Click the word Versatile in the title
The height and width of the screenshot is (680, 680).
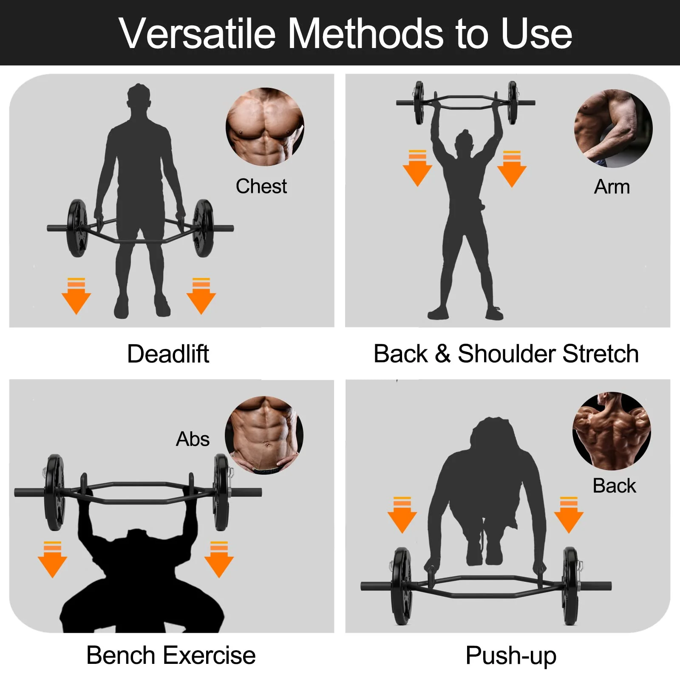(197, 34)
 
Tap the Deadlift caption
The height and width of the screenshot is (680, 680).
(168, 354)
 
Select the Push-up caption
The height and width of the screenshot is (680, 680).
(510, 655)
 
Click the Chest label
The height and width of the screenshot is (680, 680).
(261, 186)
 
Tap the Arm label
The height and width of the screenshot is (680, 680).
(612, 187)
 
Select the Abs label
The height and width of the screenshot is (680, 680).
(193, 439)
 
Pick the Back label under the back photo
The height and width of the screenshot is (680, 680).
(614, 486)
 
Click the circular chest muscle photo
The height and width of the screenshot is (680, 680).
(264, 127)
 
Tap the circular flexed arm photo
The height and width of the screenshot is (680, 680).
(613, 128)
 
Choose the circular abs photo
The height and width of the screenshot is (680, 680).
(264, 435)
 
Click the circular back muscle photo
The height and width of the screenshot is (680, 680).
(612, 431)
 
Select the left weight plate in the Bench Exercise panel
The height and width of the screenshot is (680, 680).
(54, 492)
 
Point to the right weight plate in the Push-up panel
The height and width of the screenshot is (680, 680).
(570, 586)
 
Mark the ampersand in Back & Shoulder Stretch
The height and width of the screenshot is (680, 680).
(442, 354)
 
